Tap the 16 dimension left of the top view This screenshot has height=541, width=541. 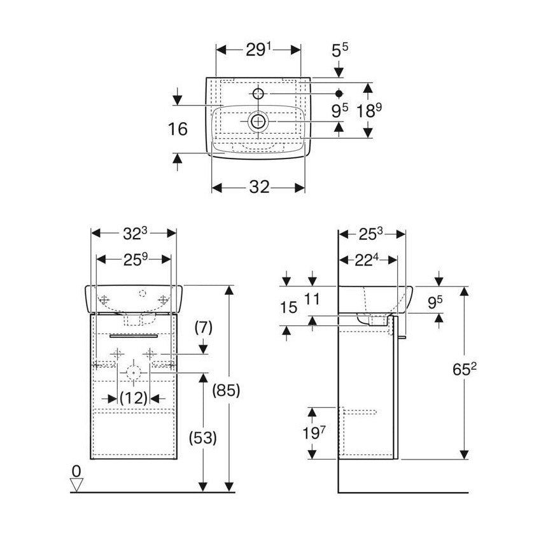[x=179, y=129]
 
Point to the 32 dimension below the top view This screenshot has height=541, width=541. [x=257, y=186]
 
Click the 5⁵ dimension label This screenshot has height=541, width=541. [x=339, y=50]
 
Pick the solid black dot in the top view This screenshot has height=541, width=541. [x=339, y=94]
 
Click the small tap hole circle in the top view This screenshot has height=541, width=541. [x=258, y=94]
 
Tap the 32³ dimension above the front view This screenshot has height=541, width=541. [x=134, y=233]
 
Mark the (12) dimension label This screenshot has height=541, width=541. [x=134, y=398]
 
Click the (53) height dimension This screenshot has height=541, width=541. [x=203, y=438]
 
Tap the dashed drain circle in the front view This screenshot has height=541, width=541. [x=134, y=373]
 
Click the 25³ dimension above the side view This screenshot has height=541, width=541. [x=370, y=233]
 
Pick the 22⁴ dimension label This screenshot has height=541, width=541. [x=368, y=260]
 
